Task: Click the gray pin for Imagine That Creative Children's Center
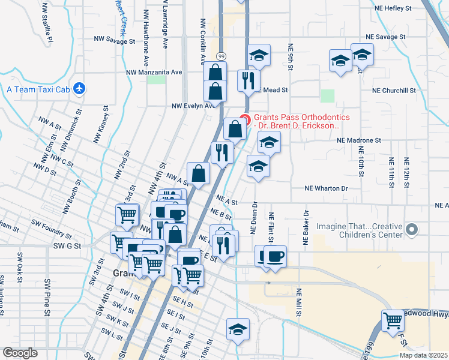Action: pos(412,230)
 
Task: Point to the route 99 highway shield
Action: pos(222,56)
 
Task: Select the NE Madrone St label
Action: pos(359,140)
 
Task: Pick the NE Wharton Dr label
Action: pos(327,188)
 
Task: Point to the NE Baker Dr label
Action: pos(306,222)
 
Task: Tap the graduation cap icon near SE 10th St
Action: pos(238,329)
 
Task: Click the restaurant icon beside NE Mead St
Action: pos(248,79)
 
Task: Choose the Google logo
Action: pos(20,353)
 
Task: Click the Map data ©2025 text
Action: pos(423,355)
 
